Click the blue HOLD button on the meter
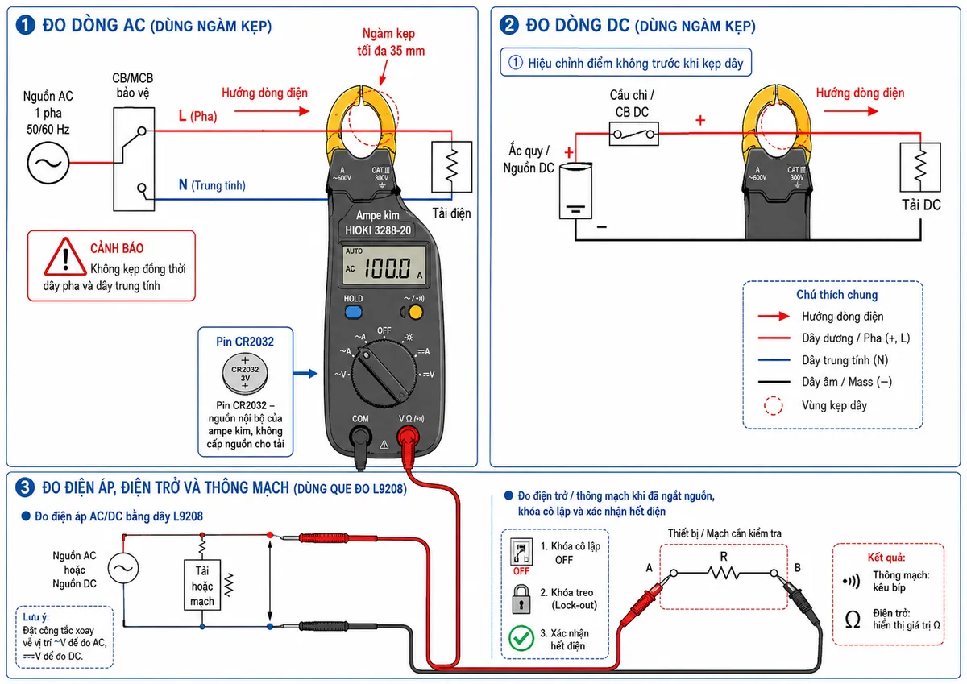pos(353,312)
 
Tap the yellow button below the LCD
pos(415,312)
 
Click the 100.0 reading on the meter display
pos(388,268)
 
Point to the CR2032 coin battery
pos(245,373)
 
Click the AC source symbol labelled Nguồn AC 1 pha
pos(48,163)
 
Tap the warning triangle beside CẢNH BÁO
pos(65,257)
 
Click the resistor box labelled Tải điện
pos(451,167)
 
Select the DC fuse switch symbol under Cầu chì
pos(633,134)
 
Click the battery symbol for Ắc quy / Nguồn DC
pos(575,191)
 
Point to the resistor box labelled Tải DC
pos(920,167)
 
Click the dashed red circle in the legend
pos(773,406)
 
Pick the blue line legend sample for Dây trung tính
pos(774,360)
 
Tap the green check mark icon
pos(521,638)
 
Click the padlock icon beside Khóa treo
pos(521,599)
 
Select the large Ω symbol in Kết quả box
pos(853,620)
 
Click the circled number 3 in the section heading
pos(25,487)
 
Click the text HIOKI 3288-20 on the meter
pos(378,230)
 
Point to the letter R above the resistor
pos(724,557)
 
